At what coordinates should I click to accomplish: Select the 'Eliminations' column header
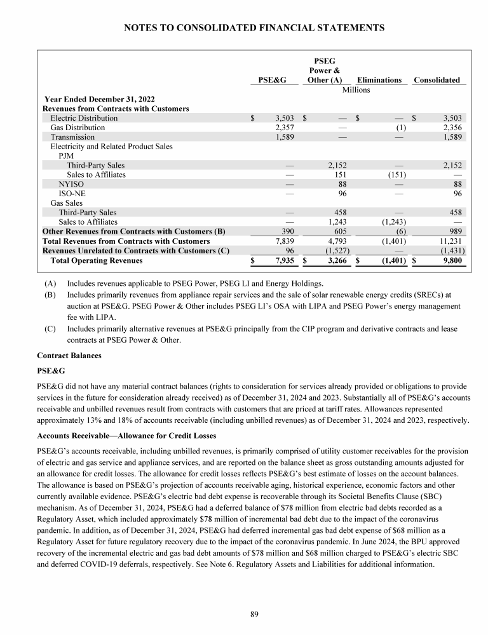[x=379, y=80]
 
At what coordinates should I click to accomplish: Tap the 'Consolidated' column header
[x=437, y=80]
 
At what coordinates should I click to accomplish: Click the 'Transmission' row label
[x=72, y=137]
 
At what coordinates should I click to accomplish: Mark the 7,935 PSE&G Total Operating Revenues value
[x=279, y=260]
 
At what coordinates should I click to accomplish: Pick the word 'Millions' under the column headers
[x=356, y=90]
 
